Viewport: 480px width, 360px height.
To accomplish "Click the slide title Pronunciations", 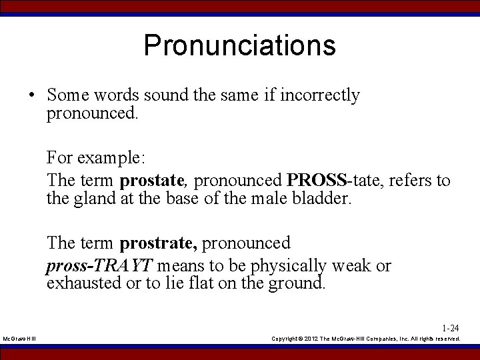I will pos(239,45).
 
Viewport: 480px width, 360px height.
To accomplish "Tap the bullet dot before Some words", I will pos(32,95).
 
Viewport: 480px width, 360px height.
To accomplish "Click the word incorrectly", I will pos(321,95).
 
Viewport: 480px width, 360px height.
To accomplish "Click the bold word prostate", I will pos(152,180).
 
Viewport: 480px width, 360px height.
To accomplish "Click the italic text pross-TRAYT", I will pos(99,266).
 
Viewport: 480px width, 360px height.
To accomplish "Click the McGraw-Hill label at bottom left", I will pos(20,339).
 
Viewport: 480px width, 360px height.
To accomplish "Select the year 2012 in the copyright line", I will pos(315,339).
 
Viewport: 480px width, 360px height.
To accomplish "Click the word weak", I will pos(351,266).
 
